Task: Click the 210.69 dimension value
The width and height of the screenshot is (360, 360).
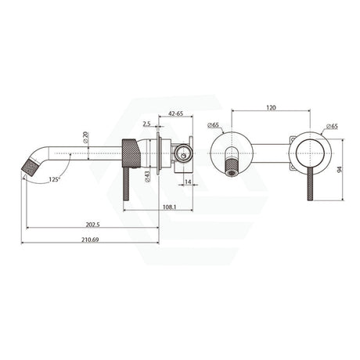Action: tap(90, 239)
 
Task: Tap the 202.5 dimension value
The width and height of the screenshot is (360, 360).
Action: tap(93, 224)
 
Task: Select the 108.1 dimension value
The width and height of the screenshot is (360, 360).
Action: tap(170, 207)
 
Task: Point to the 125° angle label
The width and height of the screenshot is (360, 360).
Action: tap(55, 179)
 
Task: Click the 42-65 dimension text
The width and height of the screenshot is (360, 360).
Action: tap(176, 113)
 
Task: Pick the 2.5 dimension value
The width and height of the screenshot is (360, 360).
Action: tap(146, 124)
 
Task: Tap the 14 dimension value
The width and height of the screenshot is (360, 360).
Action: tap(188, 182)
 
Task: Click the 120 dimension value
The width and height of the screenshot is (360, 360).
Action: tap(272, 107)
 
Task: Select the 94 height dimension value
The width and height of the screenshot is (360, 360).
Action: tap(339, 170)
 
